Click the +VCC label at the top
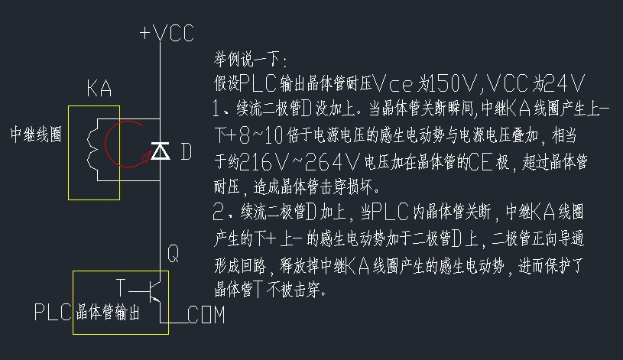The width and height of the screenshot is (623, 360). [167, 33]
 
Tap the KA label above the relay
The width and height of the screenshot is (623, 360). [99, 89]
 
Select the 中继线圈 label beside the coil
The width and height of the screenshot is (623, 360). [35, 135]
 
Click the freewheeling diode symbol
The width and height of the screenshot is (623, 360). [160, 151]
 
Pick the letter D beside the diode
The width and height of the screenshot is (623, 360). [186, 152]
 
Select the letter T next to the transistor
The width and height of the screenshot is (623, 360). [120, 287]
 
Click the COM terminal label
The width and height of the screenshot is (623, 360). [206, 315]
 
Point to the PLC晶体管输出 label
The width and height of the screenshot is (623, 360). [86, 313]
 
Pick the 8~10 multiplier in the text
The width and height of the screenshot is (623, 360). [261, 136]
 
